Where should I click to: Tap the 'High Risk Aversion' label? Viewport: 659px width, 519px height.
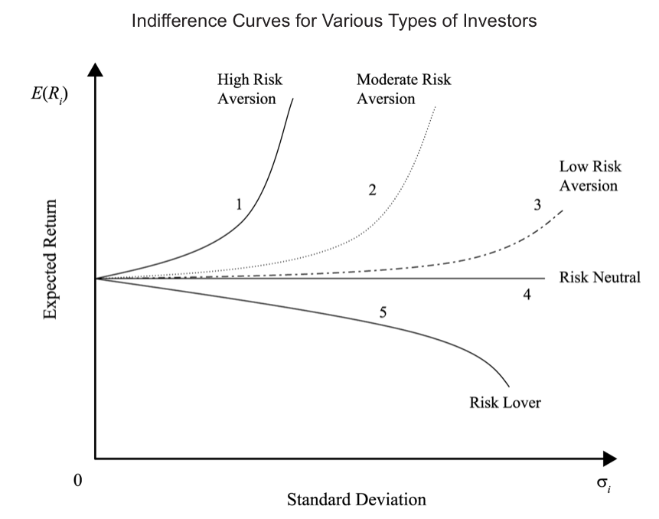point(247,89)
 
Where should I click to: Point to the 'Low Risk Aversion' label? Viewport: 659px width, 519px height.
point(588,176)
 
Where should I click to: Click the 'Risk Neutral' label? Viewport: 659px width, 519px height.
point(599,277)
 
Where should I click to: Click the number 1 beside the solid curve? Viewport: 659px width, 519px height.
point(239,204)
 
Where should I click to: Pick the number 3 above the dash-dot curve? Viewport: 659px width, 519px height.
point(537,204)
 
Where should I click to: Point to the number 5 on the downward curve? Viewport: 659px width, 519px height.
point(383,312)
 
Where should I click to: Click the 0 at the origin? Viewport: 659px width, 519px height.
point(77,481)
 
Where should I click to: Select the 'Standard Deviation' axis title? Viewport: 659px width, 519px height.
point(356,500)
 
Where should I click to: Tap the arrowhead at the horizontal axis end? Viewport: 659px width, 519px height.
point(609,459)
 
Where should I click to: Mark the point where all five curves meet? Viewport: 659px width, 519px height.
point(96,278)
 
